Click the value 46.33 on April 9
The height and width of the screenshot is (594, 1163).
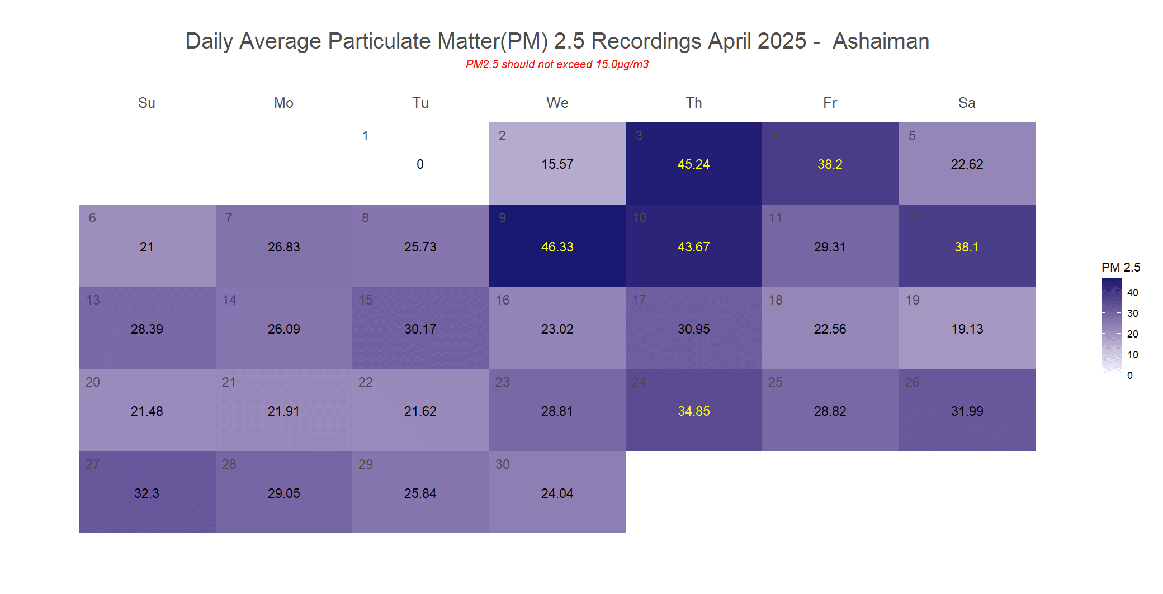pos(557,247)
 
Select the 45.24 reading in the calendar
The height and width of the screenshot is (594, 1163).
pos(693,164)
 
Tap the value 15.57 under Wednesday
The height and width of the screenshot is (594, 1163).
pos(557,164)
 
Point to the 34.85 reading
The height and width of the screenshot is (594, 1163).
pos(693,411)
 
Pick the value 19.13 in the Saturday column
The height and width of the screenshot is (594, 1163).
pos(967,329)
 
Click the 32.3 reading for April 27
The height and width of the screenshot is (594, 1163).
pos(146,493)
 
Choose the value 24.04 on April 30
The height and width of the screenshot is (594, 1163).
pos(557,493)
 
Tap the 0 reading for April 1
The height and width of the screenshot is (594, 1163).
pos(420,164)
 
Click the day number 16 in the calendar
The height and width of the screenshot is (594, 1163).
pos(502,300)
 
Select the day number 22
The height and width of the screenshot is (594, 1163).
pos(365,382)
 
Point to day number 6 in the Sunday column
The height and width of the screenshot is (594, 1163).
pos(92,218)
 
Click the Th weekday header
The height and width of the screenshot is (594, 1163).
pos(693,103)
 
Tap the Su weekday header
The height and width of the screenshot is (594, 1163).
pos(146,103)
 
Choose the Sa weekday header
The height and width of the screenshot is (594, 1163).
pos(967,103)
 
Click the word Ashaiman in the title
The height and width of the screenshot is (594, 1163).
pos(881,41)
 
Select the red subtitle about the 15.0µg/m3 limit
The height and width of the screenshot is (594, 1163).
pos(557,64)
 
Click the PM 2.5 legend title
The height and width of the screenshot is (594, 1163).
pos(1121,267)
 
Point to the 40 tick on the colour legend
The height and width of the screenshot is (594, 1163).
pos(1132,292)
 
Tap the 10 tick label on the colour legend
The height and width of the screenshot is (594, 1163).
pos(1132,354)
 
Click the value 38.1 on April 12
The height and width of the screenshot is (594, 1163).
pos(967,247)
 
